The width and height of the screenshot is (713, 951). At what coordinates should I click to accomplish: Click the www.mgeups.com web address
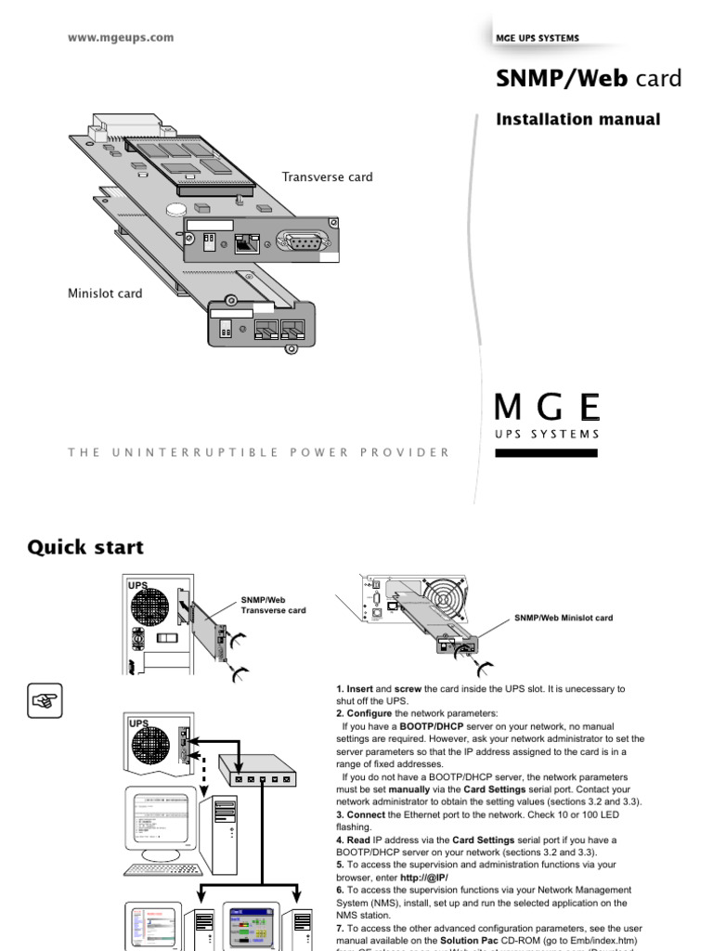point(121,38)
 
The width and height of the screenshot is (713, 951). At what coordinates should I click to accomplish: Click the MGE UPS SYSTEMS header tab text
point(538,38)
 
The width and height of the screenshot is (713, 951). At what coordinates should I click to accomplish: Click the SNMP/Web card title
point(589,80)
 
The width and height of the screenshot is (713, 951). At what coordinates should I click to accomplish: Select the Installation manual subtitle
point(578,120)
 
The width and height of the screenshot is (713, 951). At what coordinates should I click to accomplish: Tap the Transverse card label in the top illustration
point(328,176)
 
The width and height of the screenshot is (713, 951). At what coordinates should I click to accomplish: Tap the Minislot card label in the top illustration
point(105,293)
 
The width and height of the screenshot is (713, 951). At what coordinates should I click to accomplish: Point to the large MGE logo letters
point(547,408)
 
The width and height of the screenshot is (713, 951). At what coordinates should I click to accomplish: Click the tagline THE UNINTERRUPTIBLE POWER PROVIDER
point(259,452)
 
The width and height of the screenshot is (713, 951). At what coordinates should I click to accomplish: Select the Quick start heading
point(85,547)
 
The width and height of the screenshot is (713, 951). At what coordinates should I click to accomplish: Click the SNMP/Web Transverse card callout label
point(273,606)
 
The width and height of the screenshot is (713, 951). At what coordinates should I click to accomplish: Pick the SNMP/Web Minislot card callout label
point(564,618)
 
